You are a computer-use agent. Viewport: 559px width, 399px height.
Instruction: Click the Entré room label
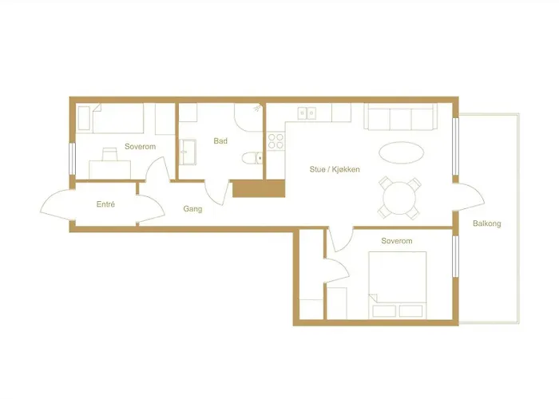tap(105, 204)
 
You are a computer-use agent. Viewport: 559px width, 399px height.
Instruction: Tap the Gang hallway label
tap(192, 209)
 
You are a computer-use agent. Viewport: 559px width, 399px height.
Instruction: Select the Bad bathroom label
tap(220, 141)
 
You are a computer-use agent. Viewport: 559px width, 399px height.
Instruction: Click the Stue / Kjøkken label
tap(333, 169)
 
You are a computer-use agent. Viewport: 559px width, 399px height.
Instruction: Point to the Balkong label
tap(486, 223)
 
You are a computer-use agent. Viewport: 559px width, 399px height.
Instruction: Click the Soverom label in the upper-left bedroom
tap(139, 148)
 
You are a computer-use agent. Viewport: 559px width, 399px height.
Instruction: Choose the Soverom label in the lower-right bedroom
tap(396, 240)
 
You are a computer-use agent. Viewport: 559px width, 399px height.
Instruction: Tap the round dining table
tap(398, 196)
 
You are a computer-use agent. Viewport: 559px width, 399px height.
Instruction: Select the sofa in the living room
tap(399, 117)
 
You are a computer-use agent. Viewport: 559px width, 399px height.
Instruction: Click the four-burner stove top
tap(276, 141)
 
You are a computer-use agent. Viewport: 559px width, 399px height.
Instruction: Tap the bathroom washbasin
tap(189, 150)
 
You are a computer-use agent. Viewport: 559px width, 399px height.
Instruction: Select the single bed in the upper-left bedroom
tap(120, 120)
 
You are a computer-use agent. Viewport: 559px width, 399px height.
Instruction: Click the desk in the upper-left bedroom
tap(109, 165)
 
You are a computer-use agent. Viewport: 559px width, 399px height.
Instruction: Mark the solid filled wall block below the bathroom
tap(259, 189)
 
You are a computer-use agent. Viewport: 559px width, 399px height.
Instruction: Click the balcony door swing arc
tap(470, 196)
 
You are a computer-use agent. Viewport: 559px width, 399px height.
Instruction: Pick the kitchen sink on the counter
tap(307, 114)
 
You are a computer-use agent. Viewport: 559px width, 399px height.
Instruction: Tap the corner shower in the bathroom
tap(249, 118)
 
